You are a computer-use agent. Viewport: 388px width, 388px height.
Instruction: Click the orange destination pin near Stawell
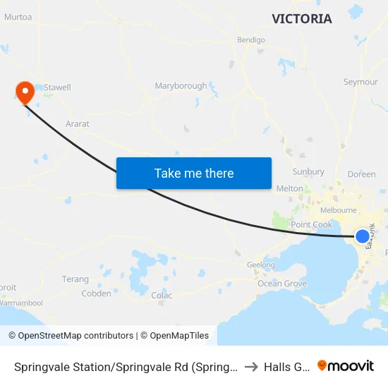pyautogui.click(x=25, y=92)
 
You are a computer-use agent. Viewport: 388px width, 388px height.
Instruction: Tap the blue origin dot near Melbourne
pyautogui.click(x=363, y=236)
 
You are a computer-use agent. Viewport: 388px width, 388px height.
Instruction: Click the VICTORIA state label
pyautogui.click(x=302, y=19)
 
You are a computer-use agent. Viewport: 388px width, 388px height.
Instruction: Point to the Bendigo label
pyautogui.click(x=251, y=40)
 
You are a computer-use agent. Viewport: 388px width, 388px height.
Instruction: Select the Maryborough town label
pyautogui.click(x=181, y=86)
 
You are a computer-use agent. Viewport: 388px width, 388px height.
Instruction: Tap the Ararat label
pyautogui.click(x=77, y=124)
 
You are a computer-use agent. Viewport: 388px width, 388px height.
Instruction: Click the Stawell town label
pyautogui.click(x=57, y=87)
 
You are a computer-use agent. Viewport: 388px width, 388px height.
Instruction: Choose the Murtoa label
pyautogui.click(x=18, y=17)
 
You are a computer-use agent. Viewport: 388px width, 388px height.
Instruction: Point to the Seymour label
pyautogui.click(x=360, y=82)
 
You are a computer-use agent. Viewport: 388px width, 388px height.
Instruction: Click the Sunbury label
pyautogui.click(x=308, y=171)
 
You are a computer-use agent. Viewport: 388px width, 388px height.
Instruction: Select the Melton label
pyautogui.click(x=289, y=188)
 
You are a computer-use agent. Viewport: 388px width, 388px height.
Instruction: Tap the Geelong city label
pyautogui.click(x=260, y=265)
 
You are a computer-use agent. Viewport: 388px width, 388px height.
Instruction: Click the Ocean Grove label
pyautogui.click(x=282, y=284)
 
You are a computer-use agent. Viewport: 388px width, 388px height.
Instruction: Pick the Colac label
pyautogui.click(x=162, y=295)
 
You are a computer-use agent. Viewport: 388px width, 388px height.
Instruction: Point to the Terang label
pyautogui.click(x=75, y=279)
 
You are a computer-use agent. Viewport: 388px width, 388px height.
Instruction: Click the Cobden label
pyautogui.click(x=96, y=293)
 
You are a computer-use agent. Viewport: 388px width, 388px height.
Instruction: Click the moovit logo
pyautogui.click(x=345, y=365)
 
